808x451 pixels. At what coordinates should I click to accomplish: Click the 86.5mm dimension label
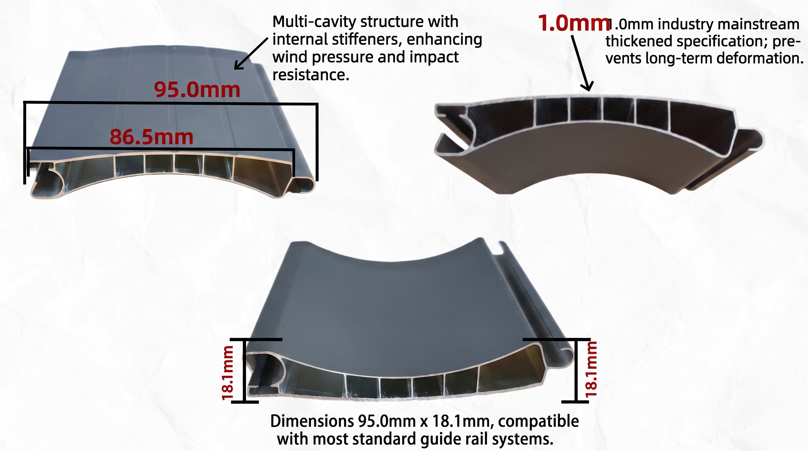pos(151,137)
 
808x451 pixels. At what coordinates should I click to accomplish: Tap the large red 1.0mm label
pos(574,23)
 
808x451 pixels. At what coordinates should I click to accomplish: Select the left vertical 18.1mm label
pos(228,373)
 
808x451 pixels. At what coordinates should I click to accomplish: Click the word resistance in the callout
pos(311,75)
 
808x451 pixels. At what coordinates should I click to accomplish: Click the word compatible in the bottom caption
pos(538,421)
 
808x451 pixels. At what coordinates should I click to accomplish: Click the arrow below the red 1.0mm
pos(582,63)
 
